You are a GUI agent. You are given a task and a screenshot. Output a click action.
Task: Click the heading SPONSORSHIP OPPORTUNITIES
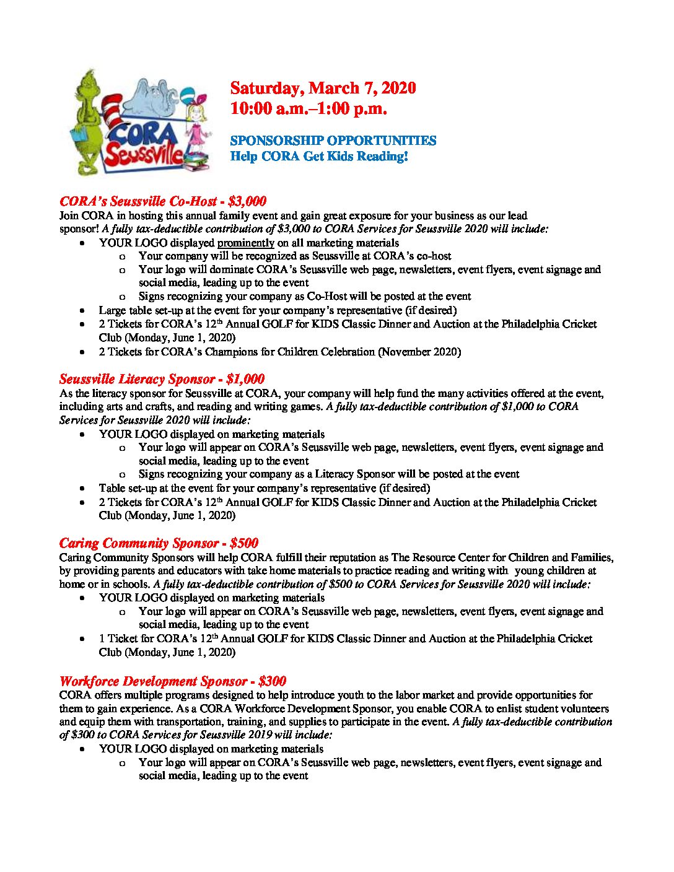click(333, 141)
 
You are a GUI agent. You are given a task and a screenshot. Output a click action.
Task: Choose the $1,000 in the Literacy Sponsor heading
click(245, 379)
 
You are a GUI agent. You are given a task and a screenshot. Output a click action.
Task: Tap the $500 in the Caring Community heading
click(243, 543)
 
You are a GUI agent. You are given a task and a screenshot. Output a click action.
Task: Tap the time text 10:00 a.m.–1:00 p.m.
click(309, 109)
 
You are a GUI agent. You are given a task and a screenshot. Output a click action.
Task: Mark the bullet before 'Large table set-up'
click(83, 311)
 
